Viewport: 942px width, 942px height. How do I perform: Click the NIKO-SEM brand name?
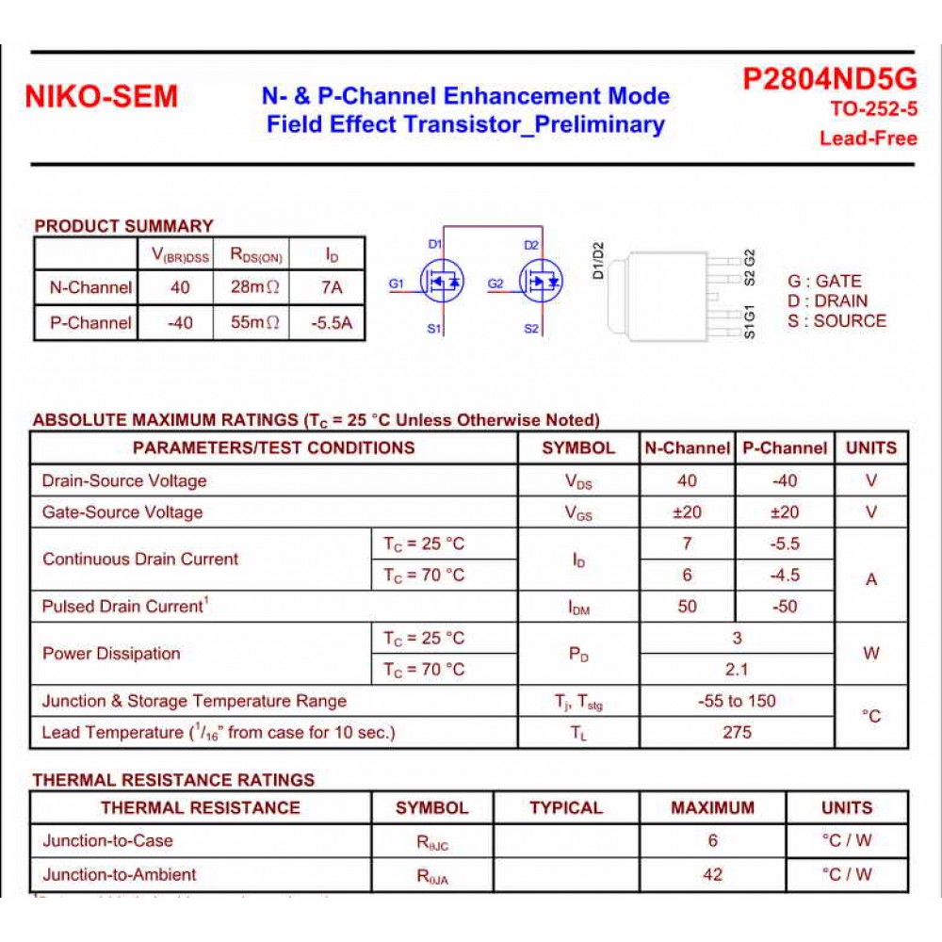[x=101, y=97]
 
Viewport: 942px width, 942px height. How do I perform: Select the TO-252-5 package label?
[x=873, y=109]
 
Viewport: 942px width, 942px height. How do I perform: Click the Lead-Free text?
[x=868, y=138]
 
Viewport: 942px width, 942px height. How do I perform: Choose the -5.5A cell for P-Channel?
[x=332, y=322]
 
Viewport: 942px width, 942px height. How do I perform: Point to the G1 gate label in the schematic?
[x=397, y=283]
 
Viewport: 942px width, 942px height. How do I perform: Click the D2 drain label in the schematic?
[x=531, y=245]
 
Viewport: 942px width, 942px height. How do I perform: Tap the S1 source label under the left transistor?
[x=434, y=329]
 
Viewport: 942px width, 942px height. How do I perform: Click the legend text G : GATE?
[x=824, y=281]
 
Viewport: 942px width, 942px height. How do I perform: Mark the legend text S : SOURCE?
[x=836, y=320]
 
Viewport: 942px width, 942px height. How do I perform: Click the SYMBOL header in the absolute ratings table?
[x=577, y=447]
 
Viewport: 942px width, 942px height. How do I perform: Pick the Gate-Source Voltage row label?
[x=122, y=512]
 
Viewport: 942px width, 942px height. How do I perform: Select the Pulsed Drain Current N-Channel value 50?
[x=688, y=607]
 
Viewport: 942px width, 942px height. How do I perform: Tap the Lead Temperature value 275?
[x=737, y=732]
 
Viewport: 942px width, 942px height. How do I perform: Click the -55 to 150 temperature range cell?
[x=737, y=701]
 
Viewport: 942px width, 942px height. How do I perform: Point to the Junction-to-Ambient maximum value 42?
[x=712, y=874]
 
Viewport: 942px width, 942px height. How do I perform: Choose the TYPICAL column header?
[x=565, y=807]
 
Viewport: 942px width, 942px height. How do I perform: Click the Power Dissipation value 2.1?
[x=737, y=669]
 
